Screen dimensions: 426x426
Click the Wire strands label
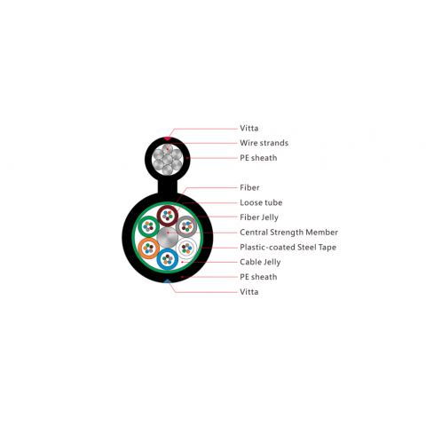click(x=264, y=143)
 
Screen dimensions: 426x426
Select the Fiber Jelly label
click(x=259, y=217)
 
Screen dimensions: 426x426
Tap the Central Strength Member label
click(x=288, y=233)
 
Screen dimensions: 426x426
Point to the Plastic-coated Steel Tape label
click(x=288, y=248)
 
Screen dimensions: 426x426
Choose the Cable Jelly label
click(x=260, y=262)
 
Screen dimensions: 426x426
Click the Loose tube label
click(x=261, y=202)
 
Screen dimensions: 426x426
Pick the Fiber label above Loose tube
click(x=249, y=187)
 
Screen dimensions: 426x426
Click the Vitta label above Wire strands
click(x=248, y=128)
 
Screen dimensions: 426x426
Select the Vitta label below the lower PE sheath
click(x=248, y=292)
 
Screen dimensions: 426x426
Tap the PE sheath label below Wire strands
click(x=258, y=158)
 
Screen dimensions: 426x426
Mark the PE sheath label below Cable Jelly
click(x=258, y=277)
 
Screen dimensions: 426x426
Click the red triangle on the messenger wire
click(x=168, y=138)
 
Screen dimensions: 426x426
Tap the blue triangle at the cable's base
click(x=168, y=280)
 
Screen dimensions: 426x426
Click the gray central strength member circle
click(x=168, y=237)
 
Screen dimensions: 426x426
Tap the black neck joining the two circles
click(x=168, y=185)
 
